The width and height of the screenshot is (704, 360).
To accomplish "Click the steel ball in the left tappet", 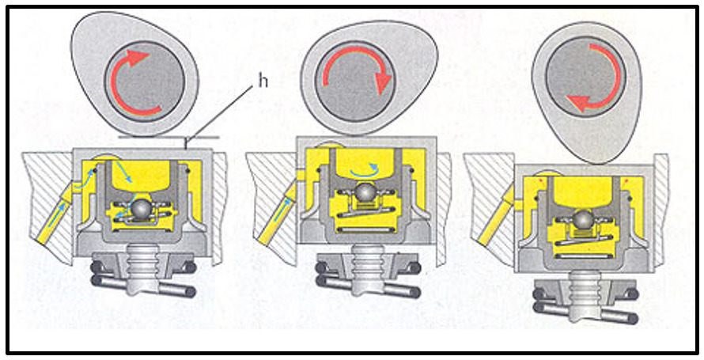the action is (142, 209).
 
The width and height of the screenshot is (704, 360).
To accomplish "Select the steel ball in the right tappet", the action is (582, 219).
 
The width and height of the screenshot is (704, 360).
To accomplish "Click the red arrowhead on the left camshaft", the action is (138, 59).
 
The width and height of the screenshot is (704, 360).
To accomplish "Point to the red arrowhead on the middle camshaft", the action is (383, 84).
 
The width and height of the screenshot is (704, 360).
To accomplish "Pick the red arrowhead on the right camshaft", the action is (577, 103).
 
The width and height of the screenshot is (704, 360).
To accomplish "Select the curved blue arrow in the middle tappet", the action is (365, 172).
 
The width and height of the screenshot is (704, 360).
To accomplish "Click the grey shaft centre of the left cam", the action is (145, 81).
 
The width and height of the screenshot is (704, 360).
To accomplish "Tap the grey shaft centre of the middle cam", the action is (354, 81).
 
